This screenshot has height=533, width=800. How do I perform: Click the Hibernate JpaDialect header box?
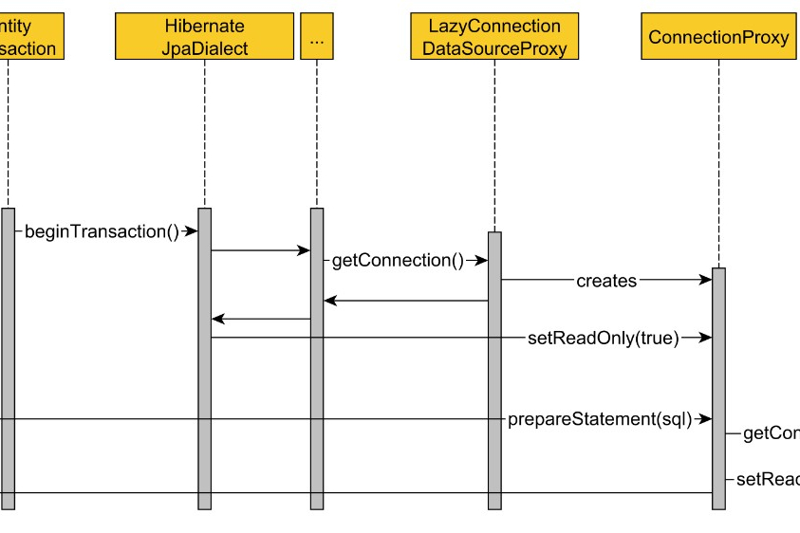tap(204, 37)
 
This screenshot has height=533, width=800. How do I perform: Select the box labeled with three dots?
tap(317, 37)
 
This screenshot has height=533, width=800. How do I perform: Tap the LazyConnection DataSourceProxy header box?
tap(494, 37)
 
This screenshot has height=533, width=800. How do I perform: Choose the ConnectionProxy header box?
tap(718, 37)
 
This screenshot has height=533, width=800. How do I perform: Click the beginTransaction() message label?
tap(102, 231)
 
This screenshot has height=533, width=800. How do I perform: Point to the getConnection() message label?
tap(398, 261)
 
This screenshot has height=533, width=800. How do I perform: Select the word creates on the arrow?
tap(606, 281)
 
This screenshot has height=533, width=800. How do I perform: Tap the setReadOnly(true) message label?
tap(604, 338)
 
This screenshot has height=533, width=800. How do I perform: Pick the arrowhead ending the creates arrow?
tap(706, 280)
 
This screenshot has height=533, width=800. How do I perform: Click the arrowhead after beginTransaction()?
tap(192, 231)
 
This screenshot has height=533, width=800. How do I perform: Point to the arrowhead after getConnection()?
tap(482, 261)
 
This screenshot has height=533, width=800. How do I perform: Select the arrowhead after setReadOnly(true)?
tap(706, 338)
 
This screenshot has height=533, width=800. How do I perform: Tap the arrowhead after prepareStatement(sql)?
tap(706, 419)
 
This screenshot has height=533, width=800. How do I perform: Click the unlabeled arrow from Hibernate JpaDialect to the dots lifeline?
tap(261, 251)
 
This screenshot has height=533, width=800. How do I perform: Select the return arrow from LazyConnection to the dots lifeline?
tap(406, 301)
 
